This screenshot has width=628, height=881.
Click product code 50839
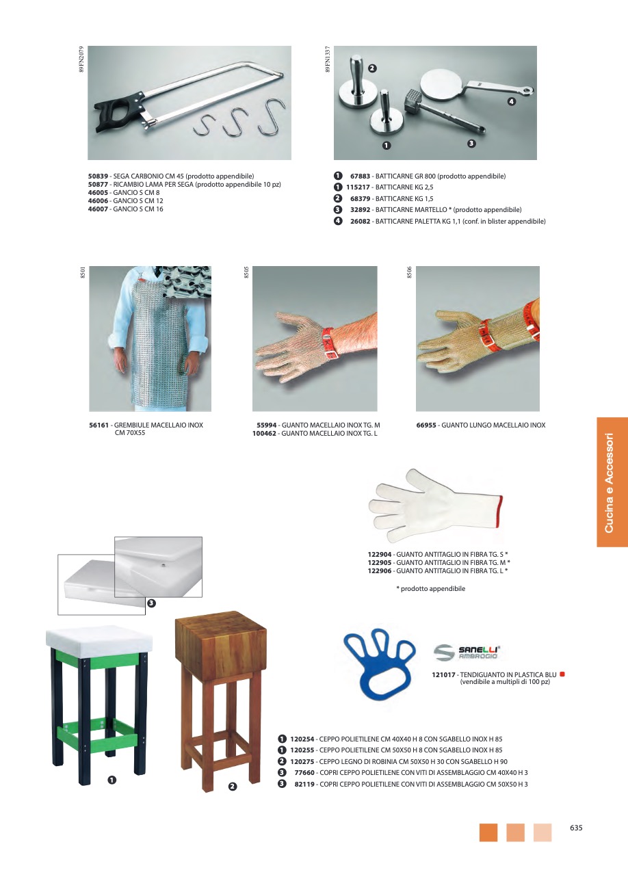click(x=98, y=176)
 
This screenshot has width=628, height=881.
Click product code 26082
click(x=361, y=222)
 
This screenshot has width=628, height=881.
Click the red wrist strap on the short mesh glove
click(x=329, y=343)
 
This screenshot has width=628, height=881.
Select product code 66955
click(x=426, y=425)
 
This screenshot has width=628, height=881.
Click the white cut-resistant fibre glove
click(x=434, y=505)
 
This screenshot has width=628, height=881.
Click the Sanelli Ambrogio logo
click(x=467, y=652)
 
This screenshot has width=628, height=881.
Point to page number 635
click(x=576, y=828)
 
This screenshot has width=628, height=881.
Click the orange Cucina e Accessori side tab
click(x=612, y=482)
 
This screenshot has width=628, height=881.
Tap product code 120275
click(x=302, y=761)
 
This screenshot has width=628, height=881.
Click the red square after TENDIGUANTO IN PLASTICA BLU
click(x=562, y=674)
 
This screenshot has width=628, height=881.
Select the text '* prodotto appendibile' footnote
click(x=430, y=589)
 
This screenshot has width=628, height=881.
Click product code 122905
click(x=380, y=563)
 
